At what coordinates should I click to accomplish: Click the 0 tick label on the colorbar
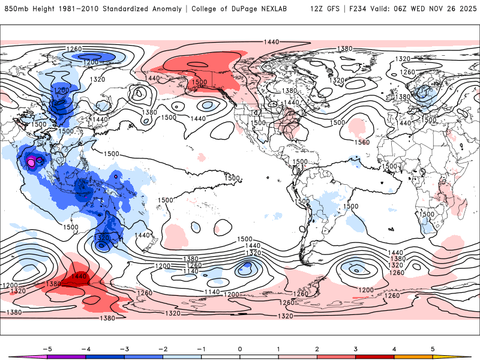240,348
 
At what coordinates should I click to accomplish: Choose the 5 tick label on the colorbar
433,348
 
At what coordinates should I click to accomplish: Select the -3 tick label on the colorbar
124,348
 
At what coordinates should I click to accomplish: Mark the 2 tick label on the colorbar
317,348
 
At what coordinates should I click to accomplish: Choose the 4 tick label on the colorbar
394,348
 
